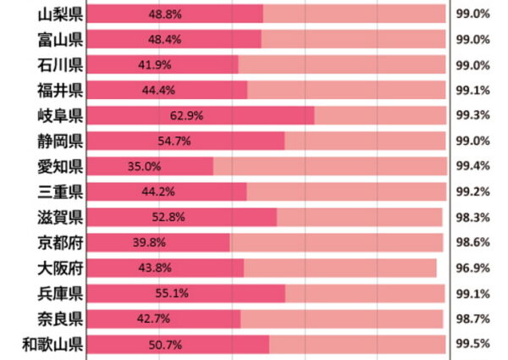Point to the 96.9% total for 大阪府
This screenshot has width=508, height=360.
pyautogui.click(x=472, y=269)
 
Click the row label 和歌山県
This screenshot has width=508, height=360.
pyautogui.click(x=52, y=344)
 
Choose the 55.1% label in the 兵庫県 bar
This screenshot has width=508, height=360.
pyautogui.click(x=172, y=294)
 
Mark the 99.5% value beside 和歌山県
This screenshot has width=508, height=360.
pyautogui.click(x=472, y=345)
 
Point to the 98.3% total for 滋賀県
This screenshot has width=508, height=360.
pyautogui.click(x=472, y=219)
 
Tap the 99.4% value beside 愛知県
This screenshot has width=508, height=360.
pyautogui.click(x=472, y=167)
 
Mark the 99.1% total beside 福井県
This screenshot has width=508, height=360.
pyautogui.click(x=472, y=91)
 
